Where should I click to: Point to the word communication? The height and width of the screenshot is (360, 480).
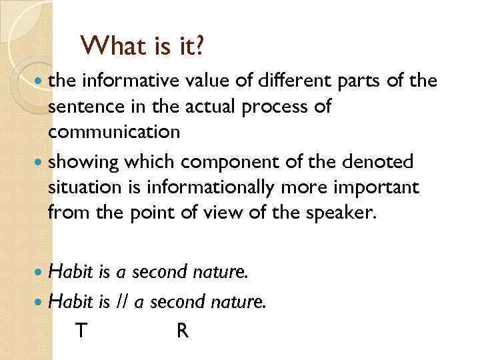tap(114, 132)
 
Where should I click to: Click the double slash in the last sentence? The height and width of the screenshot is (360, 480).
tap(121, 301)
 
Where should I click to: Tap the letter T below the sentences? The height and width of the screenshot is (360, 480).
tap(81, 329)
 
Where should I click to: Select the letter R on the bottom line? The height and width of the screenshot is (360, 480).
tap(182, 329)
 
